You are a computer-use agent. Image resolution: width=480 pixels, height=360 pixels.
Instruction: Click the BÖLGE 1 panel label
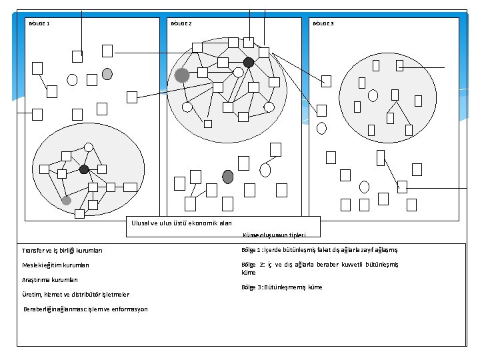tap(39, 24)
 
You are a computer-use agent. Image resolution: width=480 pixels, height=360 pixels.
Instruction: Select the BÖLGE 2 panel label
tap(181, 24)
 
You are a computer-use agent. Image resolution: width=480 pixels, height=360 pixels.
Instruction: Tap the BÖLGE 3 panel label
tap(323, 24)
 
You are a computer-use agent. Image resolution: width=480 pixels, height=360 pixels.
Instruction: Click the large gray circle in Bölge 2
tap(182, 75)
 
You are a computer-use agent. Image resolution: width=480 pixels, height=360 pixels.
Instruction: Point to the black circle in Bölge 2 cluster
tap(249, 63)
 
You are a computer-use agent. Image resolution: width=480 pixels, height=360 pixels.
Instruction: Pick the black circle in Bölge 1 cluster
tap(84, 169)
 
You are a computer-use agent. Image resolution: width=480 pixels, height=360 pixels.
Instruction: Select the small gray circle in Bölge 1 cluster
tap(66, 200)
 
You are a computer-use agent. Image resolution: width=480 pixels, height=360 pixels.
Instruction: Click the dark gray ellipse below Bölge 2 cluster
tap(228, 177)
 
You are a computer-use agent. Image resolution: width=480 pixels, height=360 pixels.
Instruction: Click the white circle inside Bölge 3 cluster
tap(373, 94)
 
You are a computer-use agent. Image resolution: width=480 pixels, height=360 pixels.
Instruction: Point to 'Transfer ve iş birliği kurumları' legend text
tap(62, 251)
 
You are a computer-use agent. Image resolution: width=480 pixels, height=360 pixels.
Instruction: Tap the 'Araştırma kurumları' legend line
tap(50, 280)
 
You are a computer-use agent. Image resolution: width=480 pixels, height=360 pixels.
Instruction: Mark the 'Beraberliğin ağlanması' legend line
tap(85, 309)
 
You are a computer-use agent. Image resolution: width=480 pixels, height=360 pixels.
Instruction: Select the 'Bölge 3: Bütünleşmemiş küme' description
tap(282, 287)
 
